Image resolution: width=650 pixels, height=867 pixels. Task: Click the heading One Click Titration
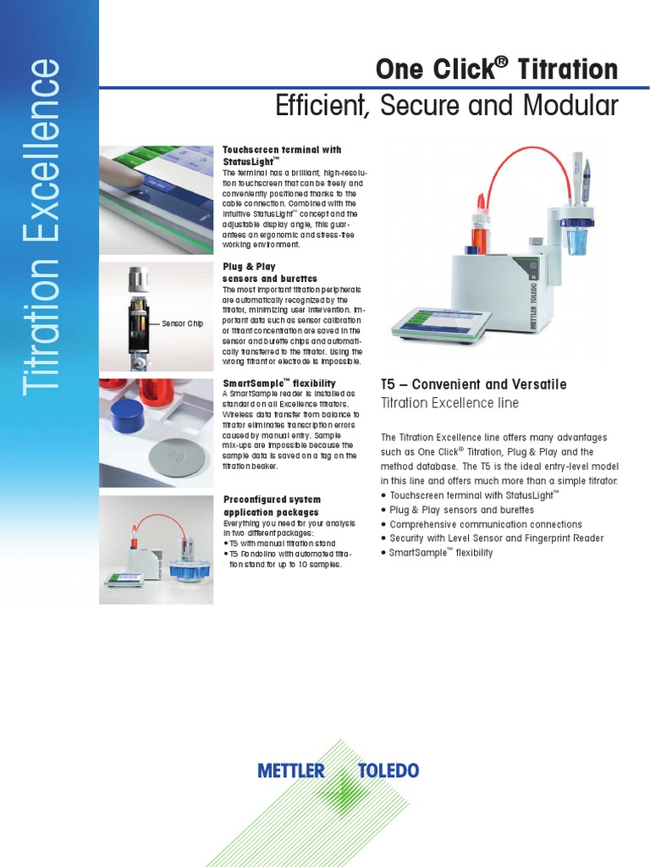tap(496, 69)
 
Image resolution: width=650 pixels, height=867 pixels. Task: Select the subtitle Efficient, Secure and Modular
tap(447, 107)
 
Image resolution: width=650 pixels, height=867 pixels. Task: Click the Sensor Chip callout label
tap(182, 323)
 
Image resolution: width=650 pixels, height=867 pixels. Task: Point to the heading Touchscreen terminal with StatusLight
tap(282, 154)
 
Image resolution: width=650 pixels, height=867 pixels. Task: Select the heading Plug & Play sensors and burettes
tap(270, 272)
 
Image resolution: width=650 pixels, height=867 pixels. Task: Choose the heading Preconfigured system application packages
tap(271, 505)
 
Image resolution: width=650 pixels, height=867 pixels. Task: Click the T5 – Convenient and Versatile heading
tap(473, 384)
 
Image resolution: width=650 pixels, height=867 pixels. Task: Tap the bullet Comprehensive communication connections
tap(486, 524)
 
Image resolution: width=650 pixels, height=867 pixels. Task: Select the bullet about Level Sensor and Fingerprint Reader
tap(496, 538)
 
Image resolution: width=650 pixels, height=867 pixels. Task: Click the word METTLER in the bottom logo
tap(290, 770)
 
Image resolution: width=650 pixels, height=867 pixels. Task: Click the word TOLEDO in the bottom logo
tap(388, 770)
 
